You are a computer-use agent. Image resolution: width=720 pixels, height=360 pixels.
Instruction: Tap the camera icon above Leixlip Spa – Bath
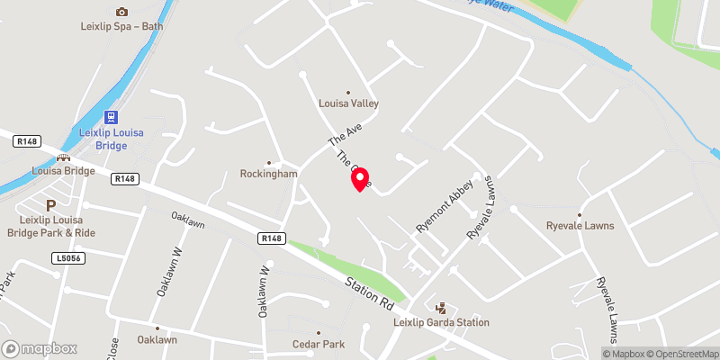click(121, 12)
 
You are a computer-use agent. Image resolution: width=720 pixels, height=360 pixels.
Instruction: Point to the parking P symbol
click(50, 205)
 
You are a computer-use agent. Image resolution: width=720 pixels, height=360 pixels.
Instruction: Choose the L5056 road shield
click(61, 257)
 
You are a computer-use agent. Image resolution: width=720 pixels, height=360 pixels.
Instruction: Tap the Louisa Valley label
click(348, 103)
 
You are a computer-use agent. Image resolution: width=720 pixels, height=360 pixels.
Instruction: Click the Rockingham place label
click(268, 174)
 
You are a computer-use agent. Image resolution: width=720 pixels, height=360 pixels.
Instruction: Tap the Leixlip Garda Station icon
click(440, 308)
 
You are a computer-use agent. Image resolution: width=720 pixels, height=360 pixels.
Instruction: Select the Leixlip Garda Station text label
click(441, 322)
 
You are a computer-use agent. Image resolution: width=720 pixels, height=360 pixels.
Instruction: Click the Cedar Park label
click(319, 344)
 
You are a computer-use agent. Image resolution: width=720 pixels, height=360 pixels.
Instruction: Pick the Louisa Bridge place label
click(62, 169)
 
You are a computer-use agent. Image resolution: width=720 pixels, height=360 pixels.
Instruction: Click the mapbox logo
click(40, 348)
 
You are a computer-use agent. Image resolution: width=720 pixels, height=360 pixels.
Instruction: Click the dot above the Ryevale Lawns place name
click(580, 215)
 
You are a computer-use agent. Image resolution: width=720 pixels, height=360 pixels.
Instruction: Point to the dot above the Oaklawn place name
click(157, 328)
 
